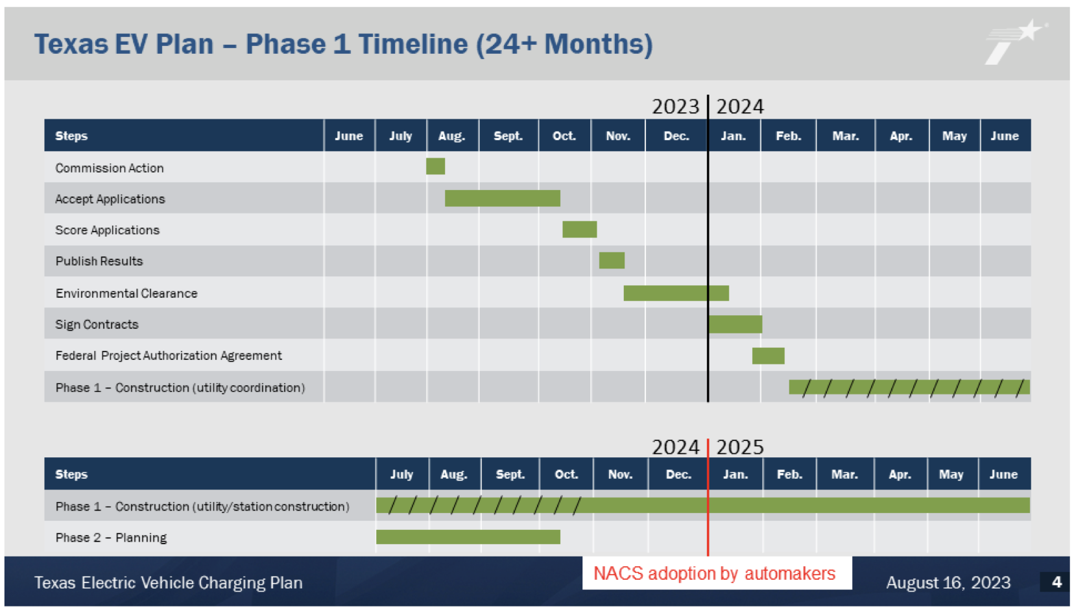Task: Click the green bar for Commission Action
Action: pyautogui.click(x=435, y=167)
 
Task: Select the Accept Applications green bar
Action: pyautogui.click(x=502, y=198)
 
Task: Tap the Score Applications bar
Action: pyautogui.click(x=579, y=230)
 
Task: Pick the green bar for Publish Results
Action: pyautogui.click(x=612, y=261)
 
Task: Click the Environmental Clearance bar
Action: pyautogui.click(x=676, y=293)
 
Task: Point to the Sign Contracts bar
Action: pyautogui.click(x=735, y=324)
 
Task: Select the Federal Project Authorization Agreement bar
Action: pyautogui.click(x=768, y=355)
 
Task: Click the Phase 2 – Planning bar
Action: pyautogui.click(x=468, y=537)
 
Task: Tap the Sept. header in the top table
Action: pyautogui.click(x=508, y=136)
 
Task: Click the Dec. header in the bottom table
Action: pyautogui.click(x=678, y=475)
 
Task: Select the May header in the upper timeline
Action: pyautogui.click(x=953, y=136)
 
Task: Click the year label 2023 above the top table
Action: pyautogui.click(x=675, y=106)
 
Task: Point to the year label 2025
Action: pyautogui.click(x=740, y=448)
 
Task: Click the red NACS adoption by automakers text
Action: pyautogui.click(x=714, y=573)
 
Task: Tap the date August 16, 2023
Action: pyautogui.click(x=948, y=582)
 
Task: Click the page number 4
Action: pyautogui.click(x=1056, y=582)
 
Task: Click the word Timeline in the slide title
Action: pyautogui.click(x=412, y=45)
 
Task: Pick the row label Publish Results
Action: pyautogui.click(x=99, y=261)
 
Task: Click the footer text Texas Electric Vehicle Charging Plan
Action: pyautogui.click(x=168, y=582)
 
